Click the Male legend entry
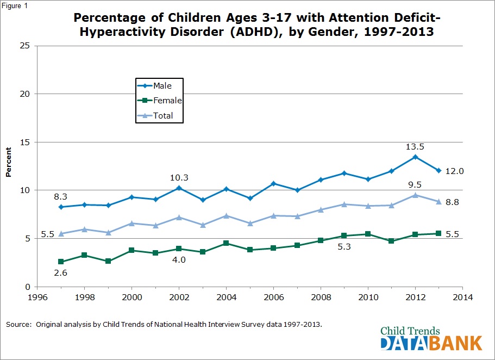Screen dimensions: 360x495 (162, 85)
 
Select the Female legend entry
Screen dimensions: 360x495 (166, 101)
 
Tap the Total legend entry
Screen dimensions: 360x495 (163, 115)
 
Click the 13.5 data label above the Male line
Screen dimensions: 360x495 (415, 147)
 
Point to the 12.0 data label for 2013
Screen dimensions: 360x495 (454, 171)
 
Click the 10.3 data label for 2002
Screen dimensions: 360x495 (179, 177)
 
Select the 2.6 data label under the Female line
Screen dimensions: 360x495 (61, 272)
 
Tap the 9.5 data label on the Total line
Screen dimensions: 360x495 (415, 184)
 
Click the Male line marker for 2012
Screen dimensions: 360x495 (415, 157)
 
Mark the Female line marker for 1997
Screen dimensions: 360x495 (61, 262)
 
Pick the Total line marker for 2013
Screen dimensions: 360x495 (438, 201)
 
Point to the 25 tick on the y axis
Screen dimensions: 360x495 (24, 45)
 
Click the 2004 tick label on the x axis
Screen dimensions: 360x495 (226, 297)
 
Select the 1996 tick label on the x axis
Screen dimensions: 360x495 (37, 297)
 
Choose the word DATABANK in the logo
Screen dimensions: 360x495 (431, 343)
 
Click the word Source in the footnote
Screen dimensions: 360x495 (19, 324)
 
